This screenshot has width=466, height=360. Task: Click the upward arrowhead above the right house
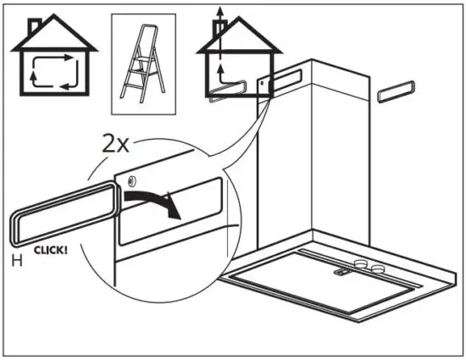[x=220, y=9]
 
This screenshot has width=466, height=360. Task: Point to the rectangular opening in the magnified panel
[x=169, y=208]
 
